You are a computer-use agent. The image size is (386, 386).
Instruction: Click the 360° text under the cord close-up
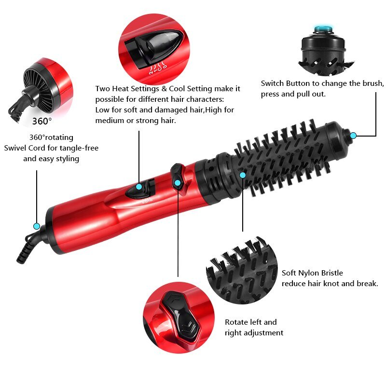point(41,120)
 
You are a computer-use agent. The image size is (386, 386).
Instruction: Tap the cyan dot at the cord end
point(36,226)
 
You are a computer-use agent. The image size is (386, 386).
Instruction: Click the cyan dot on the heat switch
point(139,187)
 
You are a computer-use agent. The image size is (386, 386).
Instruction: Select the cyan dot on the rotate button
point(178,183)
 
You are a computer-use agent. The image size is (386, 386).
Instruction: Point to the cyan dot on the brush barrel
point(243,175)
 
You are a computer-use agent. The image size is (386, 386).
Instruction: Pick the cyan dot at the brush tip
point(353,136)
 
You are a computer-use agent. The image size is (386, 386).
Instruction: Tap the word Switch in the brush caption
point(273,83)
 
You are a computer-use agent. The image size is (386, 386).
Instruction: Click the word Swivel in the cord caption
point(16,148)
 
